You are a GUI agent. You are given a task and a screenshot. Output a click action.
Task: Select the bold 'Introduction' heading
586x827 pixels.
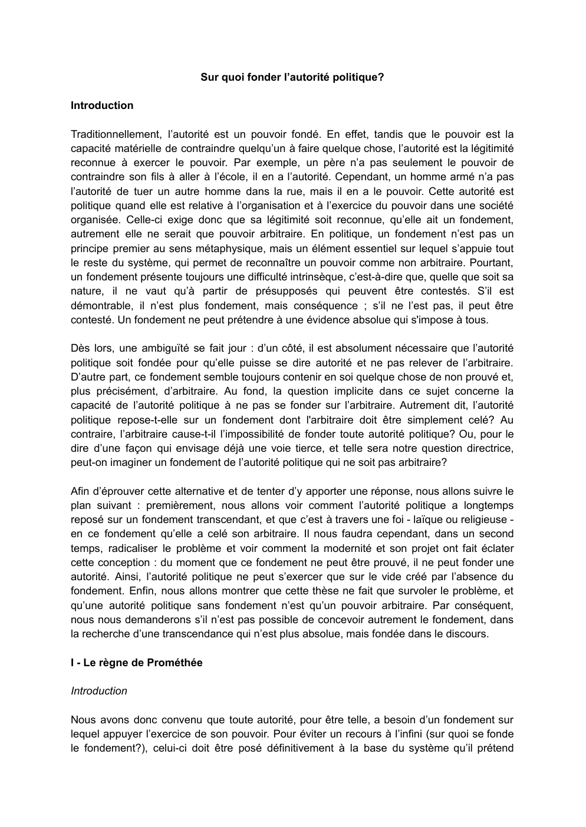[x=102, y=105]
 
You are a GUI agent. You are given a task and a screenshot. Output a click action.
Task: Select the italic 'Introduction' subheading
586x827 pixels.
[x=99, y=691]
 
